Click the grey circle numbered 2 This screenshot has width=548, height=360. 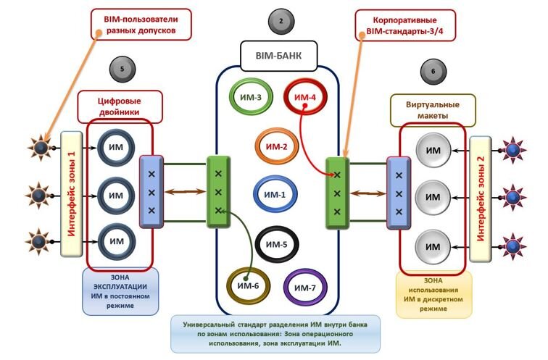pyautogui.click(x=281, y=21)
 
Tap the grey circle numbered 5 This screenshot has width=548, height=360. pyautogui.click(x=123, y=69)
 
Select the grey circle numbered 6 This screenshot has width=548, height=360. pyautogui.click(x=433, y=72)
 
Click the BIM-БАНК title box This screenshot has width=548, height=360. pyautogui.click(x=279, y=56)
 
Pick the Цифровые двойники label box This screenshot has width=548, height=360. pyautogui.click(x=120, y=106)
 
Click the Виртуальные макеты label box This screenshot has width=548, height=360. pyautogui.click(x=433, y=110)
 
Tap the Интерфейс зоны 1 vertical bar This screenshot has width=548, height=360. pyautogui.click(x=72, y=194)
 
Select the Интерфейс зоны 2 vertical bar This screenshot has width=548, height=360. pyautogui.click(x=481, y=199)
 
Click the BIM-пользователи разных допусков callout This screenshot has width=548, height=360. pyautogui.click(x=141, y=25)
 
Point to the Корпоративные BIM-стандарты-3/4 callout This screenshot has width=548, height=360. pyautogui.click(x=405, y=25)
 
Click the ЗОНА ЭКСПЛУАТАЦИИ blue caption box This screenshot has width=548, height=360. pyautogui.click(x=120, y=292)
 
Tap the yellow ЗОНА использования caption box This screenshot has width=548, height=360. pyautogui.click(x=433, y=295)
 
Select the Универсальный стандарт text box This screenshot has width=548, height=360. pyautogui.click(x=275, y=334)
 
